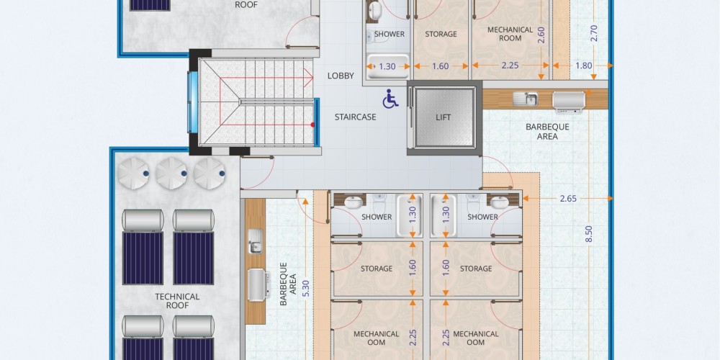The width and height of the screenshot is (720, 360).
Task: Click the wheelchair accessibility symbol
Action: tap(390, 99)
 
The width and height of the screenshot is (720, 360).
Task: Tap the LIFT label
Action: tap(443, 117)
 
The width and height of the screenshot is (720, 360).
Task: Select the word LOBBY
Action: tap(341, 76)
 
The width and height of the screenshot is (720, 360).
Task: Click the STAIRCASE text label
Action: tap(356, 117)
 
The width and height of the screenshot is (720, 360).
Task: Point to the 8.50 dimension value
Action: tap(590, 234)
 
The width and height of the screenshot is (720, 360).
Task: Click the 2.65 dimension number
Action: tap(569, 199)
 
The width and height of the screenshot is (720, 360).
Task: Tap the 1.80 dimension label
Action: tap(584, 66)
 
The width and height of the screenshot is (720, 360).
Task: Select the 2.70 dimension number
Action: tap(594, 33)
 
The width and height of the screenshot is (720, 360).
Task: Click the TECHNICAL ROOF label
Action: tap(177, 301)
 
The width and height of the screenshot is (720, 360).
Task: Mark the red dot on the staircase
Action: tap(312, 125)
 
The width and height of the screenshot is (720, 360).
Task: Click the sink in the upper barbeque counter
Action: tap(526, 98)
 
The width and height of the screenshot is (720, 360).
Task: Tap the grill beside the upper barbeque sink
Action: tap(569, 102)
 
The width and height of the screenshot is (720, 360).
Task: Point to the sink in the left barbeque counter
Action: tap(255, 241)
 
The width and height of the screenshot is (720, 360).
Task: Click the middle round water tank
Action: tap(171, 173)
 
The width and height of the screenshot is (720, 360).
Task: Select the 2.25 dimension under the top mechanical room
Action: tap(510, 66)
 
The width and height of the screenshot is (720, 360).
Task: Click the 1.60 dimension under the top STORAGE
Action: tap(441, 66)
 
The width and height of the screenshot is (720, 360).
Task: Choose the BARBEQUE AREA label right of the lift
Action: tap(547, 131)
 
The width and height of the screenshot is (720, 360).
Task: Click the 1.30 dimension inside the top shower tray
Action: tap(387, 66)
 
